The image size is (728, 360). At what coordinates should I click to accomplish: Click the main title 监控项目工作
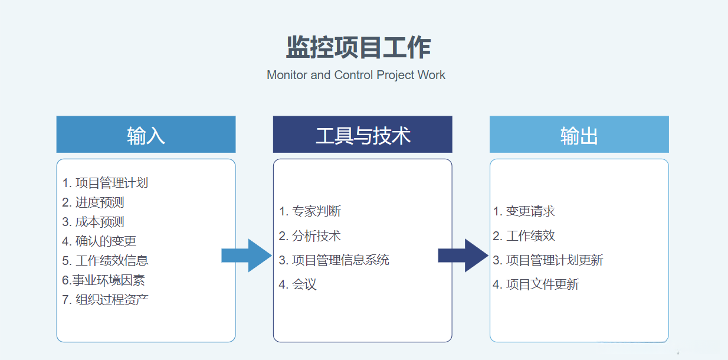click(358, 48)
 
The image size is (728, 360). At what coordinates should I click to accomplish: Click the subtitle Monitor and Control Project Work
click(356, 75)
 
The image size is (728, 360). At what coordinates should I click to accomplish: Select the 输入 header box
click(146, 135)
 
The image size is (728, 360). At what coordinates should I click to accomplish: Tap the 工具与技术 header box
click(362, 135)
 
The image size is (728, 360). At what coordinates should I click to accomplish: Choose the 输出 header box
click(579, 135)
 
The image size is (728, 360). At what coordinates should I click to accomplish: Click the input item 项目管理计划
click(105, 183)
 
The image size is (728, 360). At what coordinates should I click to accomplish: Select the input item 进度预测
click(93, 202)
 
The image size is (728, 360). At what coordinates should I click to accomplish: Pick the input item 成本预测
click(93, 222)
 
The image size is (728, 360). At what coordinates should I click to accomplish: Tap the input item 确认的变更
click(99, 241)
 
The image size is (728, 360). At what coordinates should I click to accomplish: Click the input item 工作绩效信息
click(105, 260)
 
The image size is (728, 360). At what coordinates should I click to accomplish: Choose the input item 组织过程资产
click(105, 299)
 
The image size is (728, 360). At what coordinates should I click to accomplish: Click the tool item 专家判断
click(310, 211)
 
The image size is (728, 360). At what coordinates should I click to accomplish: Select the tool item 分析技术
click(310, 236)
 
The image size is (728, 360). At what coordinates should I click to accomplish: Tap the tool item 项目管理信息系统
click(334, 260)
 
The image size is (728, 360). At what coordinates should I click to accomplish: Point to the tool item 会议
click(298, 284)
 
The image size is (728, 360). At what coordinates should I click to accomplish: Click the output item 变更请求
click(524, 211)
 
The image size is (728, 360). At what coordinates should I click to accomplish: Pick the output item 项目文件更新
click(536, 284)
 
